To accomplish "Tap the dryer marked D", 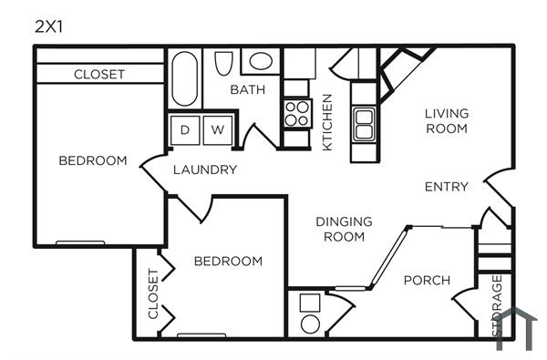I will pyautogui.click(x=185, y=130).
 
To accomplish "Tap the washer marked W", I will pyautogui.click(x=218, y=130).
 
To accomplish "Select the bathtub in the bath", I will pyautogui.click(x=182, y=80).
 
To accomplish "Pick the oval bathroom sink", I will pyautogui.click(x=261, y=62).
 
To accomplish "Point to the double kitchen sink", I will pyautogui.click(x=363, y=123).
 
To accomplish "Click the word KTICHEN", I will pyautogui.click(x=327, y=121).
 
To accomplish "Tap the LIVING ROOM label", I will pyautogui.click(x=447, y=121).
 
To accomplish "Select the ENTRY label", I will pyautogui.click(x=447, y=187).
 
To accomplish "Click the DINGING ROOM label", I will pyautogui.click(x=344, y=229).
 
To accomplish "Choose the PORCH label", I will pyautogui.click(x=427, y=280).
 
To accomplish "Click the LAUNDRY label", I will pyautogui.click(x=205, y=170).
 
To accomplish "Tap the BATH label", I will pyautogui.click(x=247, y=89).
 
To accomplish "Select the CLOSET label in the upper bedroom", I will pyautogui.click(x=99, y=74).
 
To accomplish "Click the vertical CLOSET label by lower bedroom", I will pyautogui.click(x=152, y=294).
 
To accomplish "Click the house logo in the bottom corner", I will pyautogui.click(x=516, y=330).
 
